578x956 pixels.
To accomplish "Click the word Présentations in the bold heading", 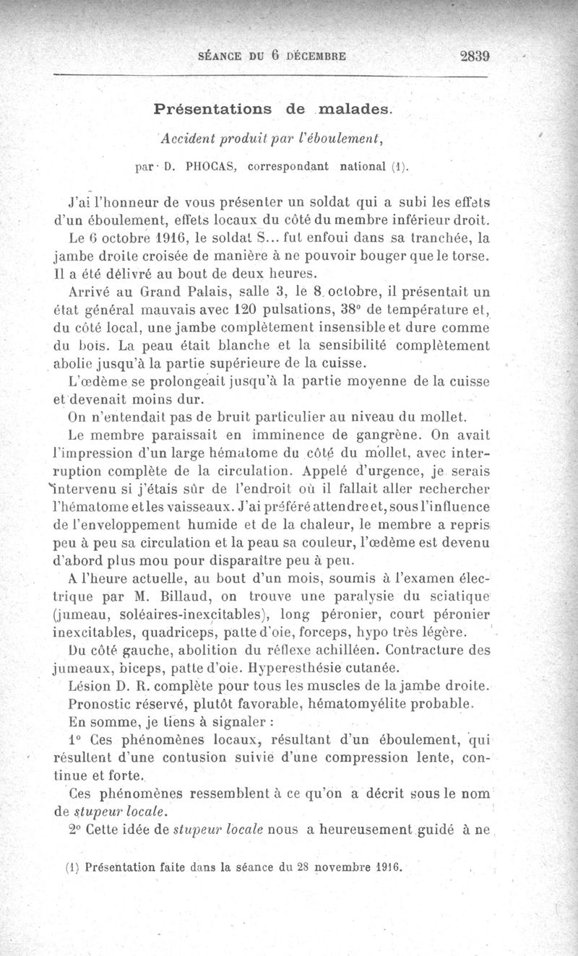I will pos(213,110).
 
